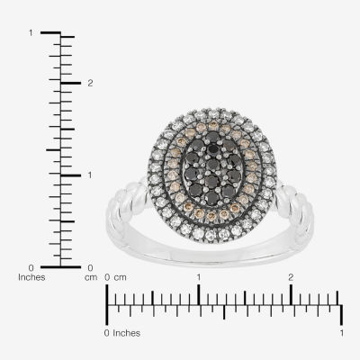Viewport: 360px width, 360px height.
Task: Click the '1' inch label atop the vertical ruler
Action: click(x=31, y=32)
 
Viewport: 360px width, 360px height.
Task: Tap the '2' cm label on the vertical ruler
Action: click(x=90, y=83)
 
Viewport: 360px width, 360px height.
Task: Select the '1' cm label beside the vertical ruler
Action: click(x=89, y=175)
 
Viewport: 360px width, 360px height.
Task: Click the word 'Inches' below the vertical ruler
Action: click(x=31, y=277)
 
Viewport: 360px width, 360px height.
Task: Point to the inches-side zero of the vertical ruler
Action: click(x=31, y=267)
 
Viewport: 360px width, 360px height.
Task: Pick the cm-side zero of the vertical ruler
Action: click(x=90, y=267)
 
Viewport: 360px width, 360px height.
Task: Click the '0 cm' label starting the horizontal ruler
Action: click(x=115, y=277)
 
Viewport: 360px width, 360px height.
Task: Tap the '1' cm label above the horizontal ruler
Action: click(x=198, y=277)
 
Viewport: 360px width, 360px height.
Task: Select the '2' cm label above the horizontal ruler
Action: click(x=291, y=277)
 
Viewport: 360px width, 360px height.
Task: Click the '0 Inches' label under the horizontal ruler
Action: click(x=122, y=333)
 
